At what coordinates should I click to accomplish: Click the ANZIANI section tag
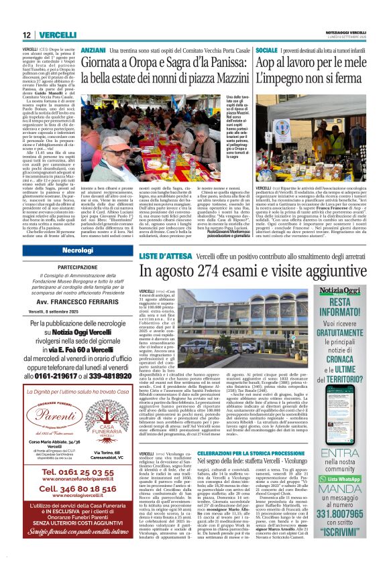coord(93,50)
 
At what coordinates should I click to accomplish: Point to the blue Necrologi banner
coord(77,250)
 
